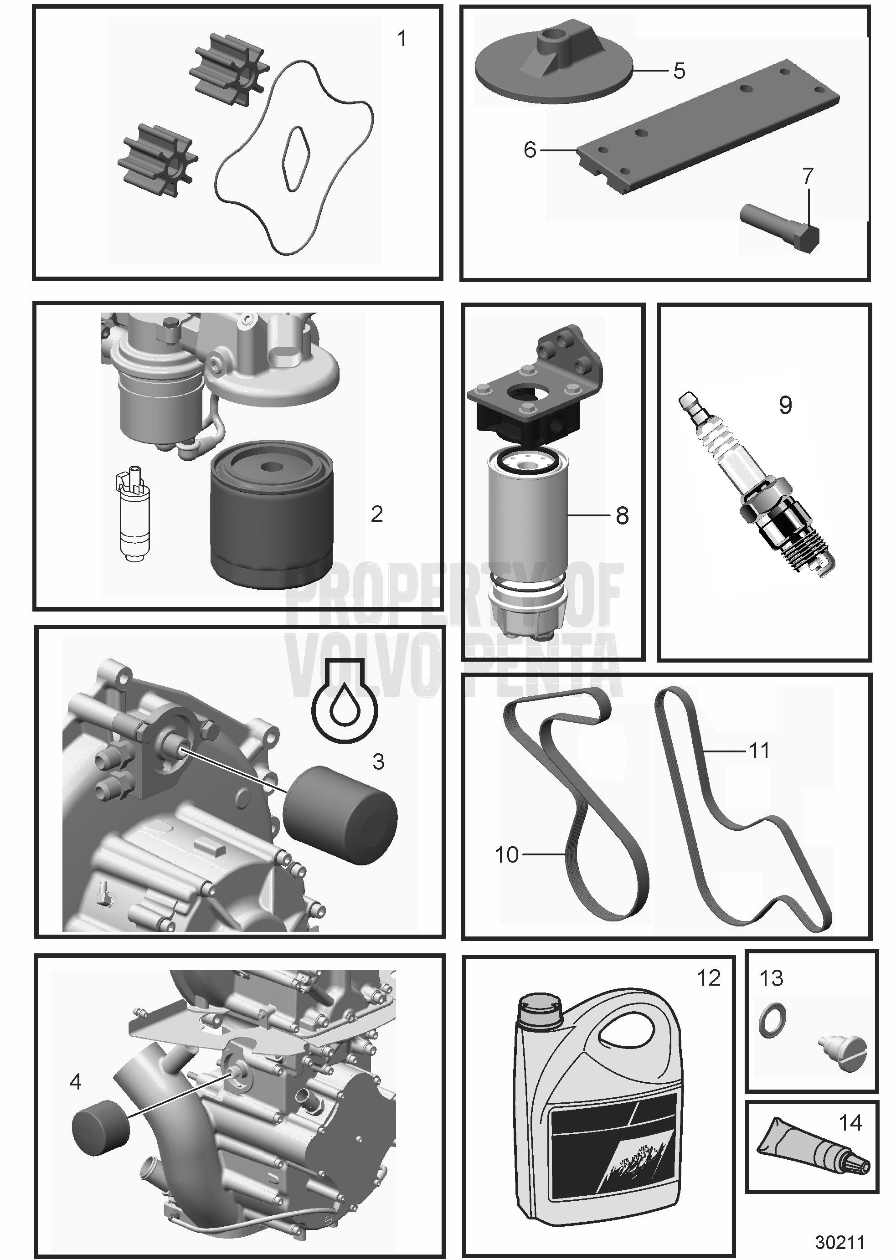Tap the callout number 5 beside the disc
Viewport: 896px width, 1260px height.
click(679, 71)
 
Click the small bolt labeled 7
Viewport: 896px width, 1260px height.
click(780, 226)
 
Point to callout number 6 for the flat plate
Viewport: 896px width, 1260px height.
click(530, 149)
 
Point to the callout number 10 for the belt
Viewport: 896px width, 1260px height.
click(506, 854)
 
